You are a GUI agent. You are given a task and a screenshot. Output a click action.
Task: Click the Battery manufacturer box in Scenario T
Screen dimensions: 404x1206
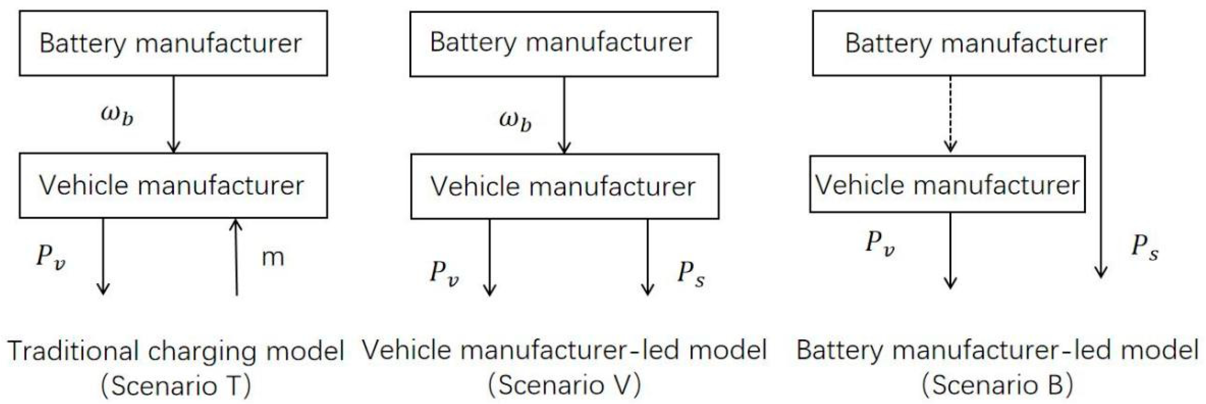[x=173, y=43]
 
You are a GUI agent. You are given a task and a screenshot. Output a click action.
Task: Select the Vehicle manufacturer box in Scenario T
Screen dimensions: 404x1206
[x=173, y=185]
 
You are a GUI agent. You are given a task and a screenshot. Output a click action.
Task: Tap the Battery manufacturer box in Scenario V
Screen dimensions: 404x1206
[x=564, y=44]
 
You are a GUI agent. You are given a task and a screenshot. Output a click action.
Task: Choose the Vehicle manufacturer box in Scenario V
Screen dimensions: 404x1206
[x=565, y=186]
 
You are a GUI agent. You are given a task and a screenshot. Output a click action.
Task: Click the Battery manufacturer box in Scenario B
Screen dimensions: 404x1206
[x=979, y=43]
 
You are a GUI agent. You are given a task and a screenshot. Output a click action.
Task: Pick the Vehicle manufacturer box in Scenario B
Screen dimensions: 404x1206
[x=947, y=184]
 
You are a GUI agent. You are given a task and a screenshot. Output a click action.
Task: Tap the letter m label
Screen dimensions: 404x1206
[x=273, y=257]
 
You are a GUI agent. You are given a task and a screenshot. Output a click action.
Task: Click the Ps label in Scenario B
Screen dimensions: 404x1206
[x=1145, y=247]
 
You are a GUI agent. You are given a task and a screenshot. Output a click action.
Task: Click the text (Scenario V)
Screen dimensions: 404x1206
[x=564, y=385]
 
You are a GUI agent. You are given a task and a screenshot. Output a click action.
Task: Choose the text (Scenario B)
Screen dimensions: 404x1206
[x=997, y=385]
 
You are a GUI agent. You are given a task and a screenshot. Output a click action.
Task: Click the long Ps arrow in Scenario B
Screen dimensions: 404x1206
[x=1100, y=178]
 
